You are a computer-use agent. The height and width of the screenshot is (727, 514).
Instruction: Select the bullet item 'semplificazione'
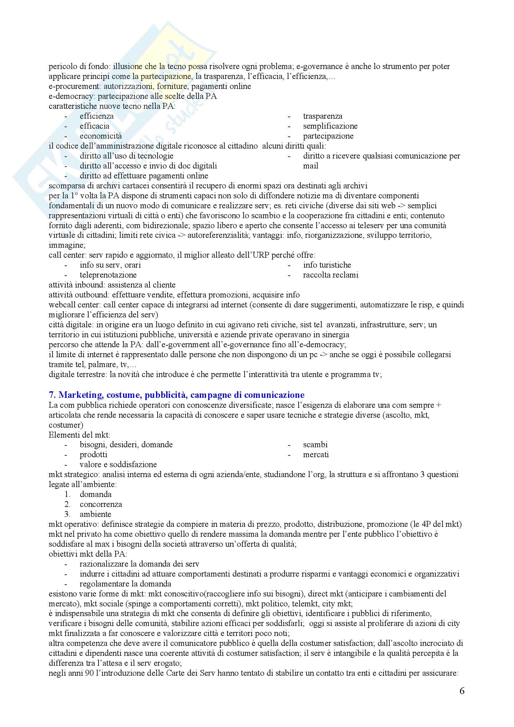point(330,126)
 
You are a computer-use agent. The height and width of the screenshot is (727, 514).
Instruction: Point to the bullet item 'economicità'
point(101,136)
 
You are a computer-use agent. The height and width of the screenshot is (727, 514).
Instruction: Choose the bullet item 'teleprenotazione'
point(108,275)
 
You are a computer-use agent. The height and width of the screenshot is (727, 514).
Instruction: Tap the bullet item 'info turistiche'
point(327,265)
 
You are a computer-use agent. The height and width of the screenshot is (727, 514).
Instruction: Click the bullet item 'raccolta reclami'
point(330,275)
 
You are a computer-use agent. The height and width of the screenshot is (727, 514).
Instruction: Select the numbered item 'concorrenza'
point(101,504)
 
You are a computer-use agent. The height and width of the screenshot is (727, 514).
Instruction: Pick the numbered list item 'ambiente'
point(95,514)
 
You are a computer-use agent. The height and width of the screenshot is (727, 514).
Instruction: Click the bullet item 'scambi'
point(315,444)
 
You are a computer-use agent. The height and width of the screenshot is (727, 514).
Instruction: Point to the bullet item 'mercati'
point(315,454)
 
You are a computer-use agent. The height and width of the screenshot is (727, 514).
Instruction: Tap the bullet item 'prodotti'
point(93,454)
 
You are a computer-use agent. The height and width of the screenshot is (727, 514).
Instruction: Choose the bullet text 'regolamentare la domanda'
point(125,584)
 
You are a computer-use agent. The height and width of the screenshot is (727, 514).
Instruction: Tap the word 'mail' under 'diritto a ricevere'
point(310,166)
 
